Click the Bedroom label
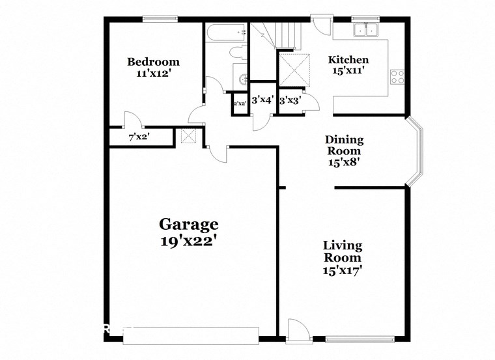click(x=153, y=62)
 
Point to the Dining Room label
click(x=344, y=146)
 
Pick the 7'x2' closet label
click(x=139, y=137)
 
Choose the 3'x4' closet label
click(x=262, y=100)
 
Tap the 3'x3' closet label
click(x=289, y=100)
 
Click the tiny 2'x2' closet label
click(x=239, y=103)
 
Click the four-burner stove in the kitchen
click(x=397, y=77)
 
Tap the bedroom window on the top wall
click(x=157, y=18)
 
